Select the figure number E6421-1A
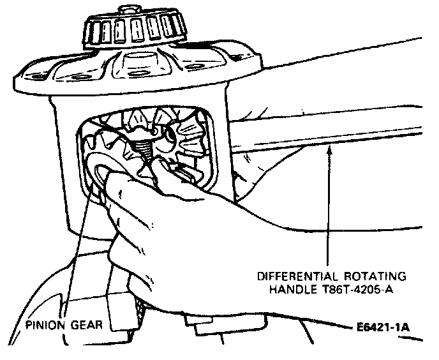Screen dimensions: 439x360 tap(381, 329)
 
